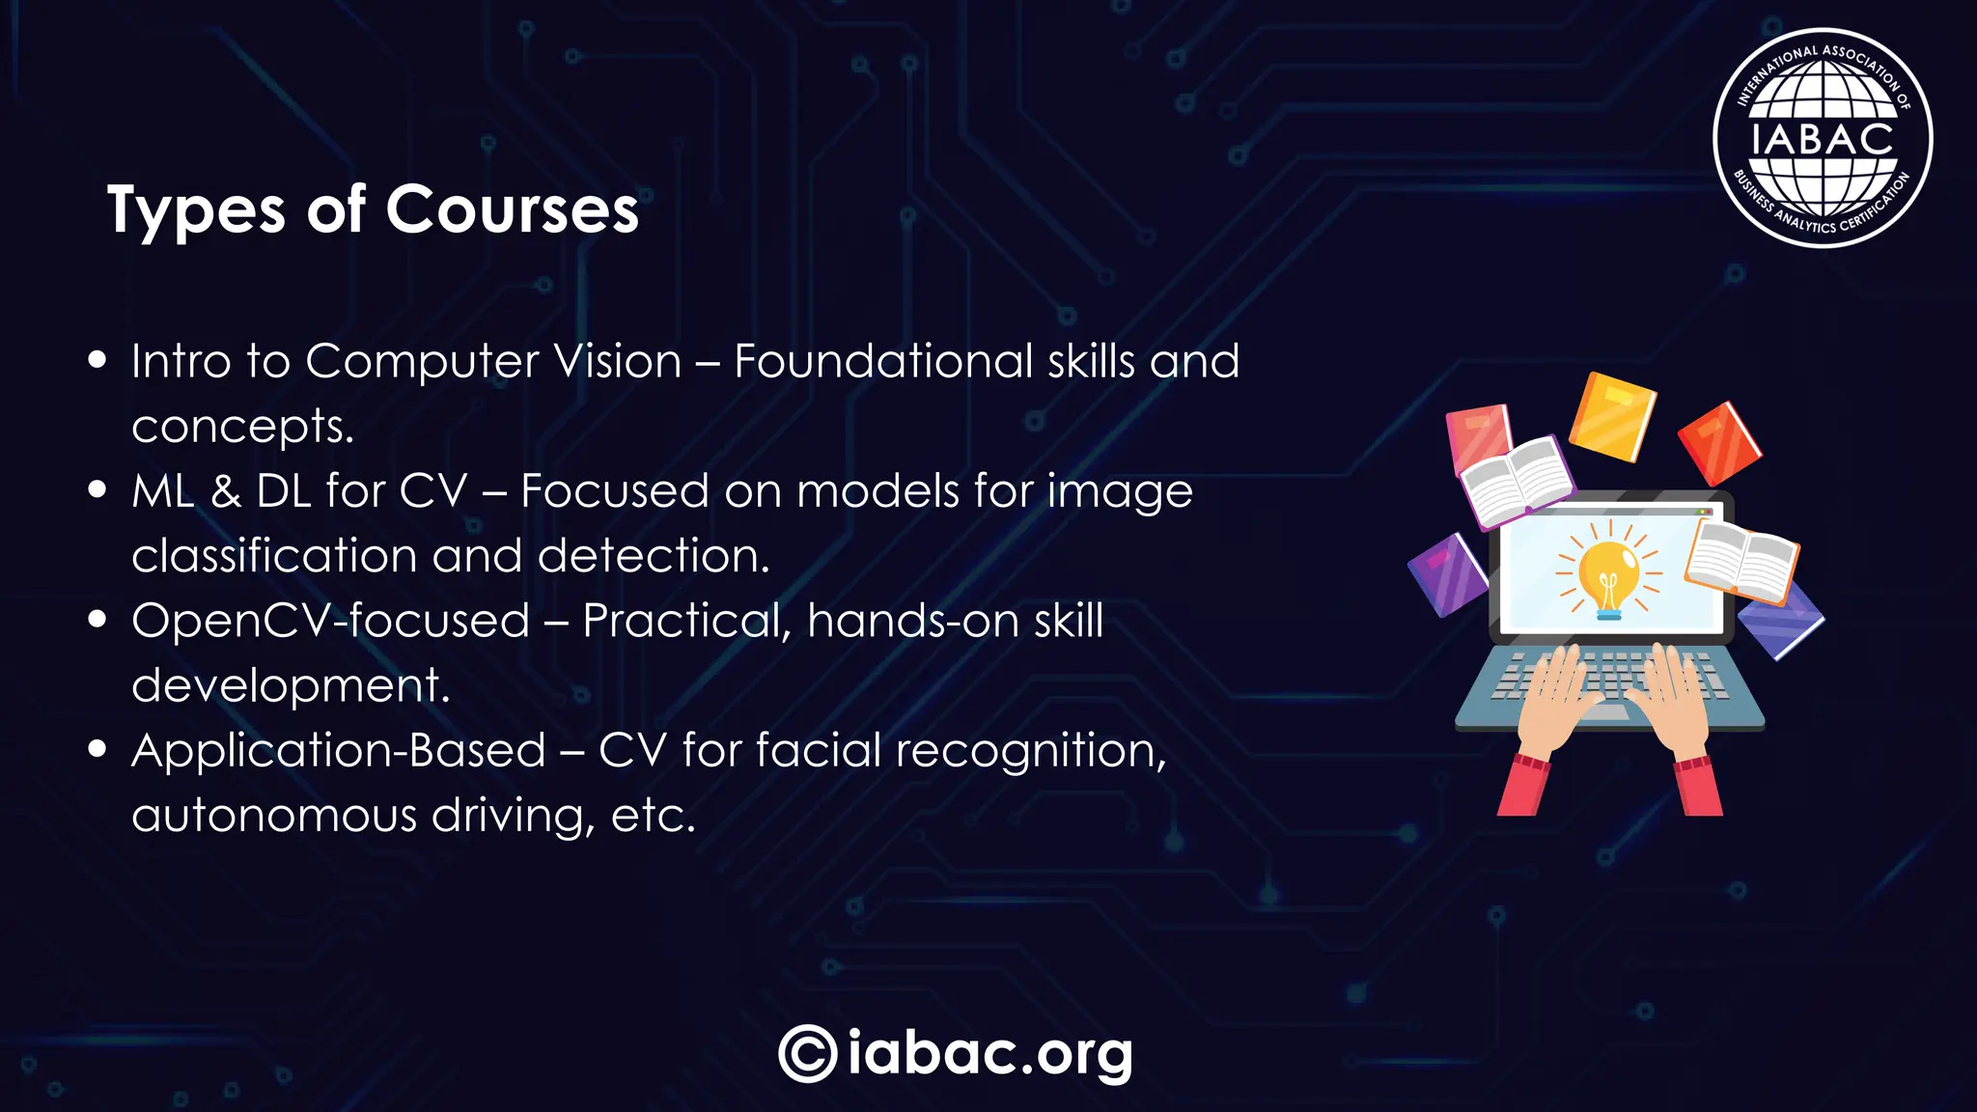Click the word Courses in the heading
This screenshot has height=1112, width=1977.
513,209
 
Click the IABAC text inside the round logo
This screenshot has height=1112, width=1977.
1823,139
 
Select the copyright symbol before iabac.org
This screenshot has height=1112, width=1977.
807,1053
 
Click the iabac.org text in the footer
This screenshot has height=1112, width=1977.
989,1053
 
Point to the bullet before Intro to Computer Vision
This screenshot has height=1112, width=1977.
97,361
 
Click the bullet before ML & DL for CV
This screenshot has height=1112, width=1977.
97,490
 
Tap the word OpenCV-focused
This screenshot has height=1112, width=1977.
331,621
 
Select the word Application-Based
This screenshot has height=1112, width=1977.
339,751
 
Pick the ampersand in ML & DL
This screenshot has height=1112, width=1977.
226,491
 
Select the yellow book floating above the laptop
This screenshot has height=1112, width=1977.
1611,416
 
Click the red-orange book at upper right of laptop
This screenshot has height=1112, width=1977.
1719,443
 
